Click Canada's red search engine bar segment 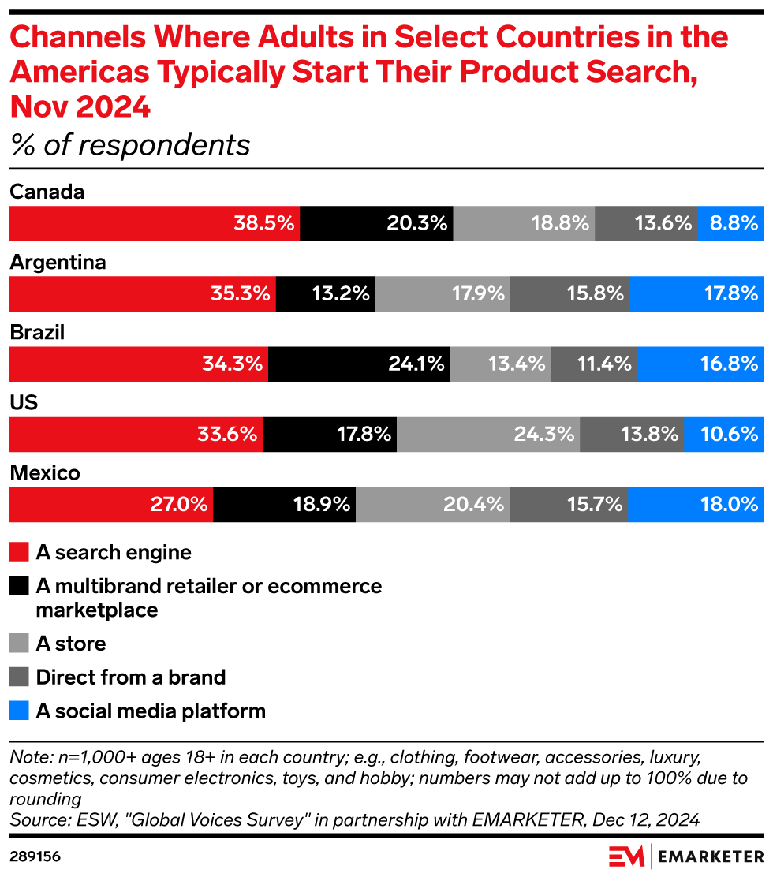(154, 224)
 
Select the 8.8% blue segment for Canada (730, 224)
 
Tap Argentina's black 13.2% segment (325, 294)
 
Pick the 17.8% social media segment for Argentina (696, 294)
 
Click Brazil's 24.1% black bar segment (359, 364)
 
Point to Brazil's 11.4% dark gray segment (593, 364)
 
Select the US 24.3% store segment (487, 435)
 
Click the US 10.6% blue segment (723, 435)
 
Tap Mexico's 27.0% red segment (110, 505)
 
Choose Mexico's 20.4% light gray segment (432, 505)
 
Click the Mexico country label (45, 473)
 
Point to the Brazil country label (36, 333)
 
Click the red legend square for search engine (19, 552)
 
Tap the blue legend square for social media (19, 711)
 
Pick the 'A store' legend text (71, 644)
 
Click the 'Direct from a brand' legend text (131, 677)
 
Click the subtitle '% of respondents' (129, 145)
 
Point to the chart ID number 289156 (35, 856)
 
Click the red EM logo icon (627, 856)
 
